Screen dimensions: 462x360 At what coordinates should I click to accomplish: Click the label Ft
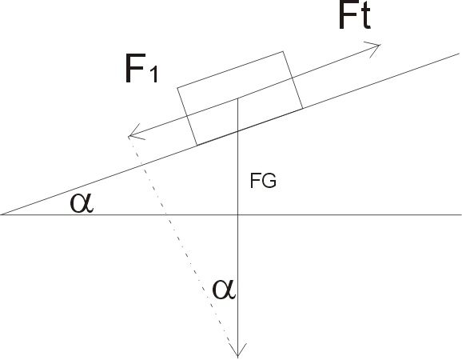coord(355,14)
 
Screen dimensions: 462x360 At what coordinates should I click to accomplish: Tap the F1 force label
coord(141,69)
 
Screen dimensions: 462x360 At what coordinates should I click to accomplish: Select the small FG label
coord(263,181)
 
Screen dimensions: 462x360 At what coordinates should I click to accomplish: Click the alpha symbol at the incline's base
coord(82,203)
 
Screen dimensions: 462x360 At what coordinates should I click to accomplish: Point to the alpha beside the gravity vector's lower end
coord(224,290)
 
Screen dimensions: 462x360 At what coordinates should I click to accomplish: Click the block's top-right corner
coord(283,51)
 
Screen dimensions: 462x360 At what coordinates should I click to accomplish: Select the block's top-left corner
coord(177,87)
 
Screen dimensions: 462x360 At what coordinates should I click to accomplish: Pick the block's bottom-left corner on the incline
coord(197,145)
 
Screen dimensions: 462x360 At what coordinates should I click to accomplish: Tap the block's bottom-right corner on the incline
coord(303,109)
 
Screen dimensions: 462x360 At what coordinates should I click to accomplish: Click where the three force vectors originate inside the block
coord(237,98)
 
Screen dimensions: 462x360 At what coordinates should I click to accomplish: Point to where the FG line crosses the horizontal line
coord(237,214)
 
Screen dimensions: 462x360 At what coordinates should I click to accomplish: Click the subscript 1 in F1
coord(153,75)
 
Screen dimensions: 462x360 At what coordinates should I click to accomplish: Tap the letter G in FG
coord(269,181)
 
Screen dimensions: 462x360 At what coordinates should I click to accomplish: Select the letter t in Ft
coord(364,16)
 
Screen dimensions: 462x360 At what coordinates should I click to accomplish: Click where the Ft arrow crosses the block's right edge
coord(292,78)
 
